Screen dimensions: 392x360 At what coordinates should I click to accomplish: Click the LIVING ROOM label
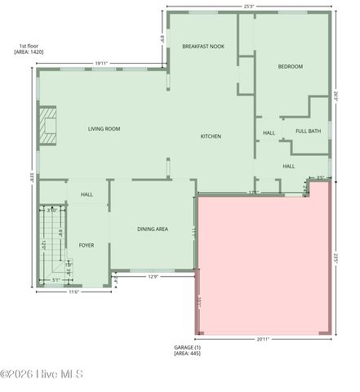(x=104, y=129)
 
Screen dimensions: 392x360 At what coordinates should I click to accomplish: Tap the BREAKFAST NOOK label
(x=203, y=47)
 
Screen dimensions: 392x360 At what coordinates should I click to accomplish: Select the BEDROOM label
(x=290, y=66)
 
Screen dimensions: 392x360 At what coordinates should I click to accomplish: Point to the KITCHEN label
(x=211, y=136)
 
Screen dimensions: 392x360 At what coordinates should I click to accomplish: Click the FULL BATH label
(x=308, y=131)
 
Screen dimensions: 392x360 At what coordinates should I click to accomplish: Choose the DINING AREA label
(x=152, y=229)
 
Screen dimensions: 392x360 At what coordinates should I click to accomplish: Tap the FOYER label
(x=87, y=245)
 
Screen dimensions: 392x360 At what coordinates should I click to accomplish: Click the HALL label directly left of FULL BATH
(x=269, y=133)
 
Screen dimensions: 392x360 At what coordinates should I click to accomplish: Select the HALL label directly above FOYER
(x=87, y=194)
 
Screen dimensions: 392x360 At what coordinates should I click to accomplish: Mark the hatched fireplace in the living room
(x=50, y=124)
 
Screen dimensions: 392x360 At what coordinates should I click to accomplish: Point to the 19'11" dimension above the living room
(x=101, y=63)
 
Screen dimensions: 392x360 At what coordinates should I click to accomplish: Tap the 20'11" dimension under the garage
(x=263, y=339)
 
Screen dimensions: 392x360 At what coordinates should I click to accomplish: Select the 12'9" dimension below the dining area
(x=153, y=276)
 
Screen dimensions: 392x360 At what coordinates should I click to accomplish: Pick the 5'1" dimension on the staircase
(x=56, y=280)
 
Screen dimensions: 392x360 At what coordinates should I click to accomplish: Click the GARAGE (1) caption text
(x=187, y=348)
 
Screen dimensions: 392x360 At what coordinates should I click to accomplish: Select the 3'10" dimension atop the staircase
(x=51, y=210)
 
